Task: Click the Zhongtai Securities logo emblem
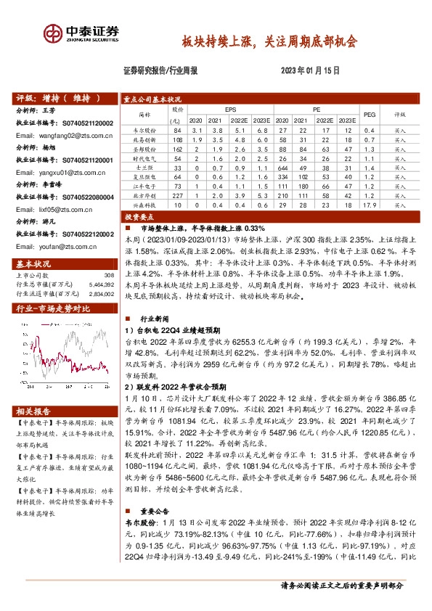tap(52, 33)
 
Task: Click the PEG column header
tap(369, 114)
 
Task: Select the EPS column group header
tap(230, 109)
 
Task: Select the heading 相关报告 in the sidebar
tap(33, 410)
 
